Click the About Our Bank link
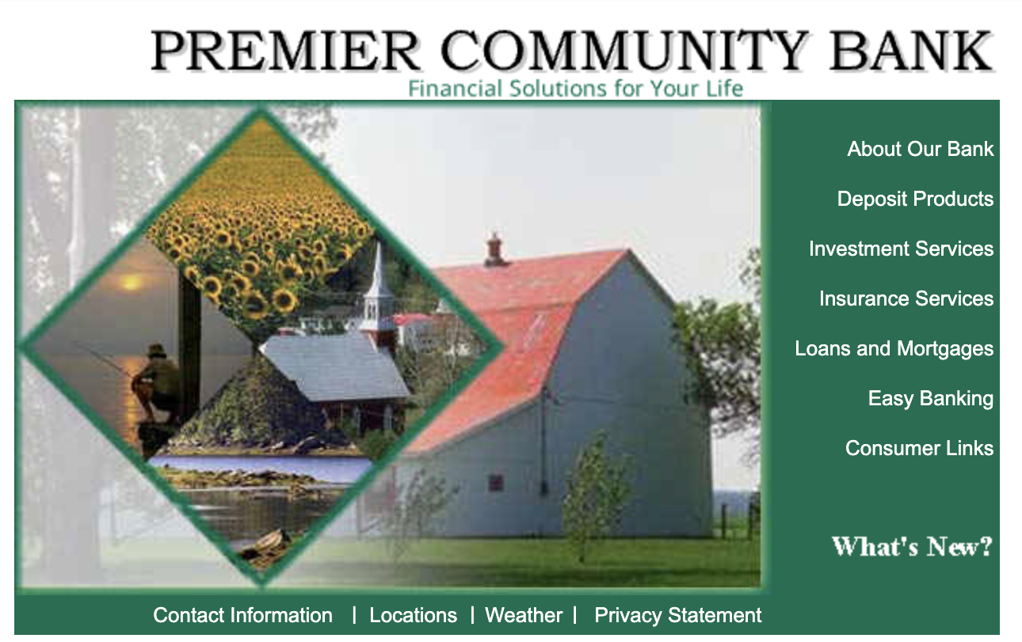point(920,149)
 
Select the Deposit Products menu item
point(915,199)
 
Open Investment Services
point(901,249)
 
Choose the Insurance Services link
point(906,298)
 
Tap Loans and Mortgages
point(894,349)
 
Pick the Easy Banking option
point(930,399)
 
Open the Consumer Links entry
point(919,448)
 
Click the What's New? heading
point(912,546)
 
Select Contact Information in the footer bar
point(242,615)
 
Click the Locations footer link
point(413,615)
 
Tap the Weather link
point(524,615)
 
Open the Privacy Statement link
point(678,615)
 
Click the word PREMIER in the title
point(285,51)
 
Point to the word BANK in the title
point(910,51)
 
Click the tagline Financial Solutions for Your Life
point(575,89)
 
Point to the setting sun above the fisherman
point(131,283)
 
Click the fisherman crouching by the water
point(156,383)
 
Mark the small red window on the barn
point(495,482)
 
